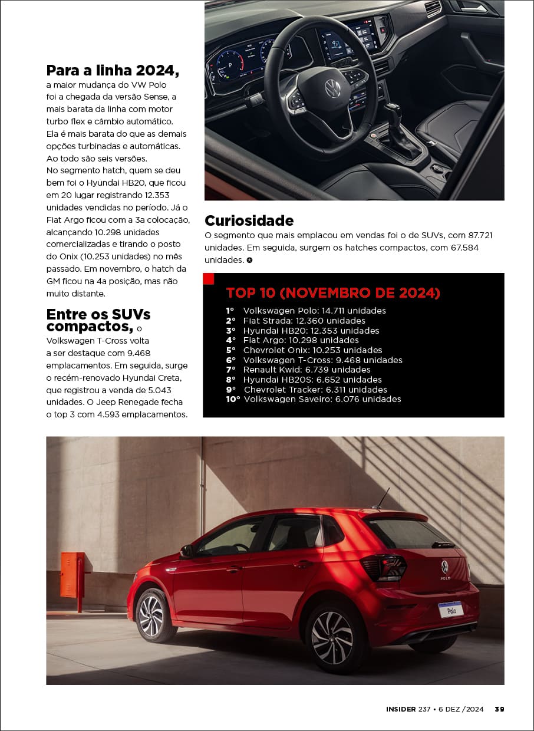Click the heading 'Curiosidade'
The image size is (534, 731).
point(249,221)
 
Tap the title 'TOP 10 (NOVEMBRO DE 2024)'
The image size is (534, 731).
point(333,293)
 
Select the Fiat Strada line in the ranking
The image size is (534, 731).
point(295,321)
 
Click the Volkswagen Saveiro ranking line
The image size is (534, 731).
point(313,399)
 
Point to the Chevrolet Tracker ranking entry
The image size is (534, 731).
point(306,390)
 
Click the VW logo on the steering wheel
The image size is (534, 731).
point(332,88)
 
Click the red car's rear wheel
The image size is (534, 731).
point(332,637)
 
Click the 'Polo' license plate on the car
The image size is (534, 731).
point(451,610)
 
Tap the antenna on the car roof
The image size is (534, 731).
point(381,499)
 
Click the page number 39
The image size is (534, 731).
point(499,709)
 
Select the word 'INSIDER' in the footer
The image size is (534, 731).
point(401,709)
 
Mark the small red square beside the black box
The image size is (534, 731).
point(208,278)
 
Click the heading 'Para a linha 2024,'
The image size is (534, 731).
point(113,71)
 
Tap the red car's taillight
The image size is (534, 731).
point(384,567)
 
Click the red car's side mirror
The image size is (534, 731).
point(187,551)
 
